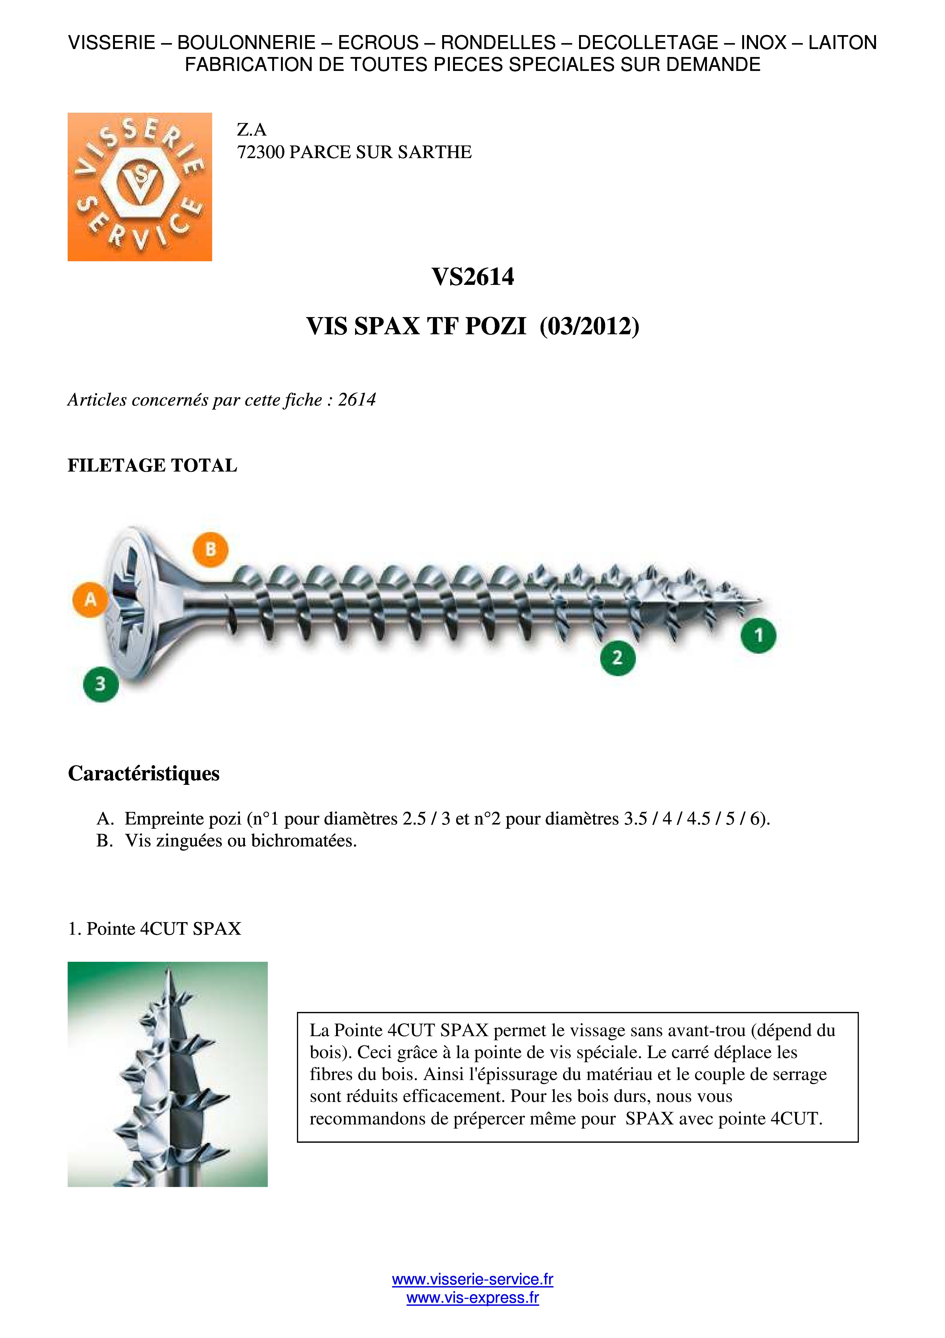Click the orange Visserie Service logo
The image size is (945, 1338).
tap(140, 186)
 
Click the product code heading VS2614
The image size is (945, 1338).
tap(472, 277)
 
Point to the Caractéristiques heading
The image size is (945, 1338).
tap(144, 773)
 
